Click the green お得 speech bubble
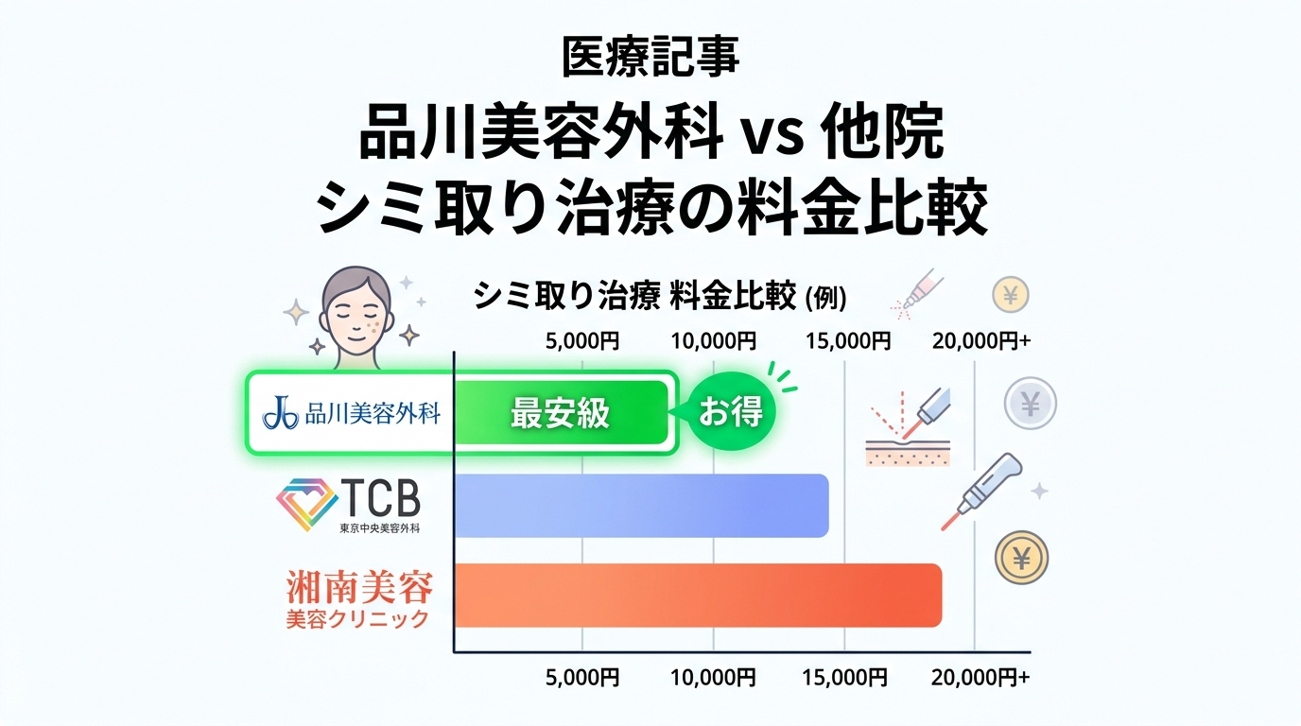coord(730,412)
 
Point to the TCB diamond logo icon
coord(305,504)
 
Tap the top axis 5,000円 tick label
coord(582,341)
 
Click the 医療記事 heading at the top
coord(650,58)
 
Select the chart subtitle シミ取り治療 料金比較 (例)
coord(659,297)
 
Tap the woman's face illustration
coord(356,312)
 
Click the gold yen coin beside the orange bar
coord(1021,558)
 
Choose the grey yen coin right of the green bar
coord(1030,404)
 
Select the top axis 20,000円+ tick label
coord(980,341)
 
